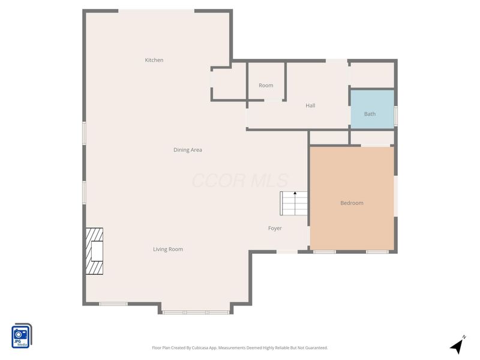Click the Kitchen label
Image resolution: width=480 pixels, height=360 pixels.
point(154,60)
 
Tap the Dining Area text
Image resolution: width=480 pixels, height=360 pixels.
point(188,150)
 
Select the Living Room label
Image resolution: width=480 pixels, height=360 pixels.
point(168,250)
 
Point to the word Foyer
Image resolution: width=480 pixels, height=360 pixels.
point(275,229)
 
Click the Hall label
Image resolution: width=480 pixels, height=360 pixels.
point(310,106)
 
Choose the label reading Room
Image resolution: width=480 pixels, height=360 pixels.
point(266,85)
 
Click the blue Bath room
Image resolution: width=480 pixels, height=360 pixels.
point(372,109)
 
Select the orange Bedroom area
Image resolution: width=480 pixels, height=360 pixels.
point(352,199)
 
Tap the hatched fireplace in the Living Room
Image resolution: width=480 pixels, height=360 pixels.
point(94,251)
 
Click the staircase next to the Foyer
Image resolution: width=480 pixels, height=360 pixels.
point(293,203)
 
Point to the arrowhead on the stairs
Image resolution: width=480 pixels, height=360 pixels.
point(295,193)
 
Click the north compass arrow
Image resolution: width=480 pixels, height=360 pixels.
point(457,346)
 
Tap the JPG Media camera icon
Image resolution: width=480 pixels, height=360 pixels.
point(22,336)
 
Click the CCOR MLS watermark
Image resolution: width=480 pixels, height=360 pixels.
point(240,181)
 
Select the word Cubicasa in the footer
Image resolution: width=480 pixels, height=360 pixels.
point(200,348)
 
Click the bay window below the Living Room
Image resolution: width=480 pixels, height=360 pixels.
point(196,312)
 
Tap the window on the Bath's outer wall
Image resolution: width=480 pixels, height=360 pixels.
point(395,116)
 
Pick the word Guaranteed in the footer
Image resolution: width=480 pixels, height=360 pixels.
point(317,348)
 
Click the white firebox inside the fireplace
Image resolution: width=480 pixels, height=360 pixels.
point(97,251)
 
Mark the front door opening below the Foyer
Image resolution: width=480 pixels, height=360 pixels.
point(287,252)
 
